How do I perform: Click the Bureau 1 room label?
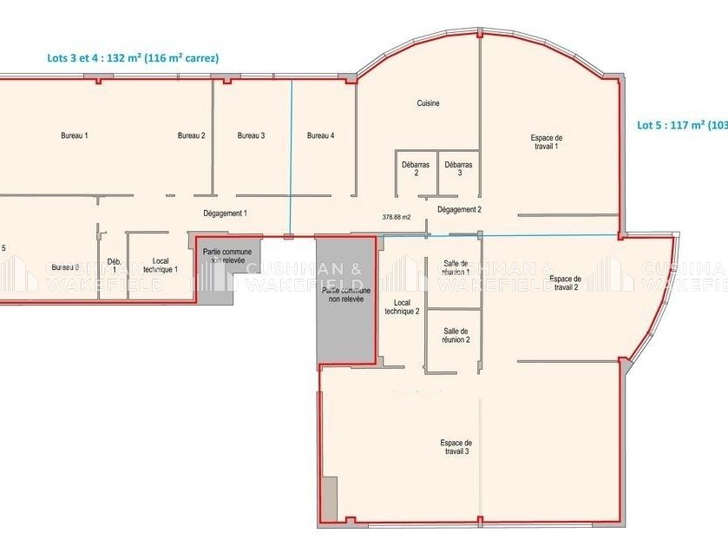tap(75, 135)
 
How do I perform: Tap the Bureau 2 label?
tap(191, 135)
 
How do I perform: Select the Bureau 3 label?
tap(251, 135)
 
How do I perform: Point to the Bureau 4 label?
tap(320, 135)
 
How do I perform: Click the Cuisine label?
tap(428, 103)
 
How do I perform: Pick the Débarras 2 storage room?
tap(416, 168)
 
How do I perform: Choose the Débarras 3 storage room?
tap(459, 168)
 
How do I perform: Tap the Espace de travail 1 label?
tap(546, 142)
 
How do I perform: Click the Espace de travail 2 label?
tap(565, 283)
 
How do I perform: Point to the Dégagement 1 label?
tap(226, 214)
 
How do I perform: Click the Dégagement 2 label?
tap(459, 209)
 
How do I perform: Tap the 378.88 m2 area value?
tap(396, 217)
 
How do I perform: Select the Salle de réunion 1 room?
tap(456, 268)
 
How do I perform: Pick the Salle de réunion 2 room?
tap(456, 335)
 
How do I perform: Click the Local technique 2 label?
tap(402, 307)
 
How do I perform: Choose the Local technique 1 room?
tap(161, 265)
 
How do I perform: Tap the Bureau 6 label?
tap(65, 267)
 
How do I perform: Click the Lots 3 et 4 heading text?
tap(133, 58)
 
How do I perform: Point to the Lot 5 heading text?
tap(682, 125)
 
